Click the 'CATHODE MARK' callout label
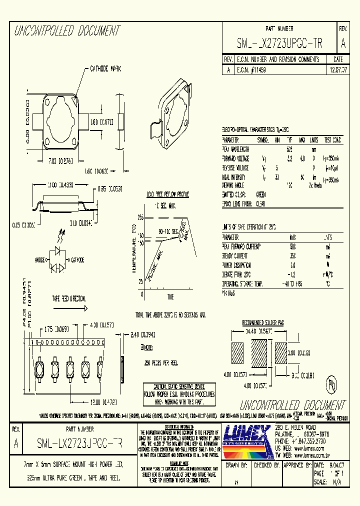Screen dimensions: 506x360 [x=105, y=68]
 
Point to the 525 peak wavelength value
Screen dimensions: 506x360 [x=289, y=149]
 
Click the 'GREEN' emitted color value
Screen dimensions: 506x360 [x=260, y=194]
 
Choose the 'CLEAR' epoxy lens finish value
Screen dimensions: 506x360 [x=260, y=204]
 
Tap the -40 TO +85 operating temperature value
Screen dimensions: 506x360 [x=293, y=284]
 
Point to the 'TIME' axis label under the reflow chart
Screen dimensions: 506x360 [x=170, y=297]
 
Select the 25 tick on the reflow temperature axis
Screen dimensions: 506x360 [x=141, y=281]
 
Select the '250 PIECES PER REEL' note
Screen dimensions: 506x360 [x=161, y=362]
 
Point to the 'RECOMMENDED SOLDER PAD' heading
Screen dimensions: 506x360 [x=263, y=322]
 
